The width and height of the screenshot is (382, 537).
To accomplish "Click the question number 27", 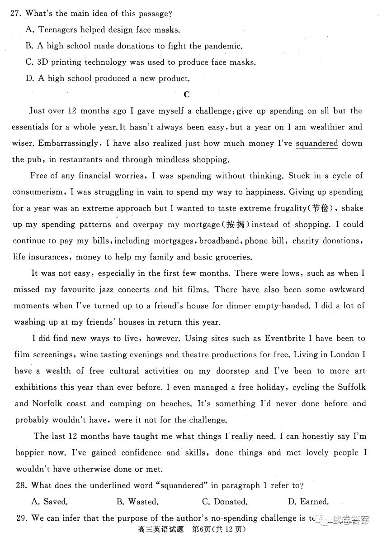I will pos(16,14).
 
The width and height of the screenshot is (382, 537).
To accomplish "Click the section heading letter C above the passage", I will pos(186,94).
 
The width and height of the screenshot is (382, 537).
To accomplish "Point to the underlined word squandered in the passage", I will pos(317,144).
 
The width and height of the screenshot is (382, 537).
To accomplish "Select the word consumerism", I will pos(38,192).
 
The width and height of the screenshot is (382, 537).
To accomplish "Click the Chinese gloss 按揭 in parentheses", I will pos(238,225).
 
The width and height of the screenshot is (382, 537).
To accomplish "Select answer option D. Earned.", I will pos(308,502).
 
